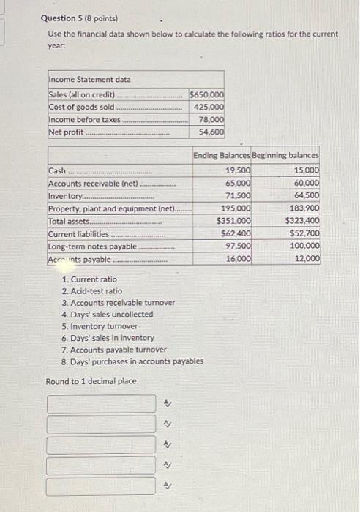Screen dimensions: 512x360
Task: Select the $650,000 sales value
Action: tap(207, 94)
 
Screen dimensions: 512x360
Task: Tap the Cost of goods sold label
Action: tap(81, 107)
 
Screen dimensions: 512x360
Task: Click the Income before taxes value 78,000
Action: tap(211, 119)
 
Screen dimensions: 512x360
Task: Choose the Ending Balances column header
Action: tap(222, 156)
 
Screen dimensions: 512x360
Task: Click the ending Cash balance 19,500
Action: tap(237, 170)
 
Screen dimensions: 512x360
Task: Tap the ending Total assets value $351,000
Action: tap(234, 221)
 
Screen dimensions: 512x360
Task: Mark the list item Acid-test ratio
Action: tap(92, 291)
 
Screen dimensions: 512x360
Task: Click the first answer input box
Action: tap(102, 404)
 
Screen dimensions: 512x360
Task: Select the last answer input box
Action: tap(102, 486)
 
